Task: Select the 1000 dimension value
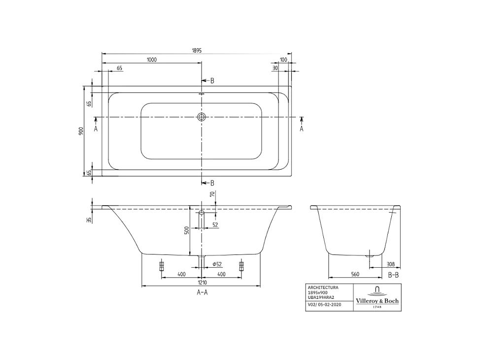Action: click(x=151, y=60)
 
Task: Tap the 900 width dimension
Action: click(x=80, y=131)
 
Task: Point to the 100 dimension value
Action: click(x=283, y=60)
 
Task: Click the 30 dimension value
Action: click(x=275, y=69)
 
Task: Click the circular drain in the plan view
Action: click(x=201, y=117)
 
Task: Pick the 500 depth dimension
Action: click(x=187, y=230)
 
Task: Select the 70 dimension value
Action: click(x=212, y=195)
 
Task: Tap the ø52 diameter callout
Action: click(x=217, y=265)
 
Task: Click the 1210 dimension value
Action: click(x=202, y=283)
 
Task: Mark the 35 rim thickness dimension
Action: click(x=89, y=220)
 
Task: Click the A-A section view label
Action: click(x=202, y=292)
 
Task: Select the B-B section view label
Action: click(x=393, y=275)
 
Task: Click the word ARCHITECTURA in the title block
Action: click(x=323, y=287)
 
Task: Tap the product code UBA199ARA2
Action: click(x=321, y=297)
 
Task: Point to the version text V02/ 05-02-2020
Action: click(x=324, y=305)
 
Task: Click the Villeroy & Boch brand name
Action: click(x=377, y=301)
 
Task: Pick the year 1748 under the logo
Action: click(x=377, y=307)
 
